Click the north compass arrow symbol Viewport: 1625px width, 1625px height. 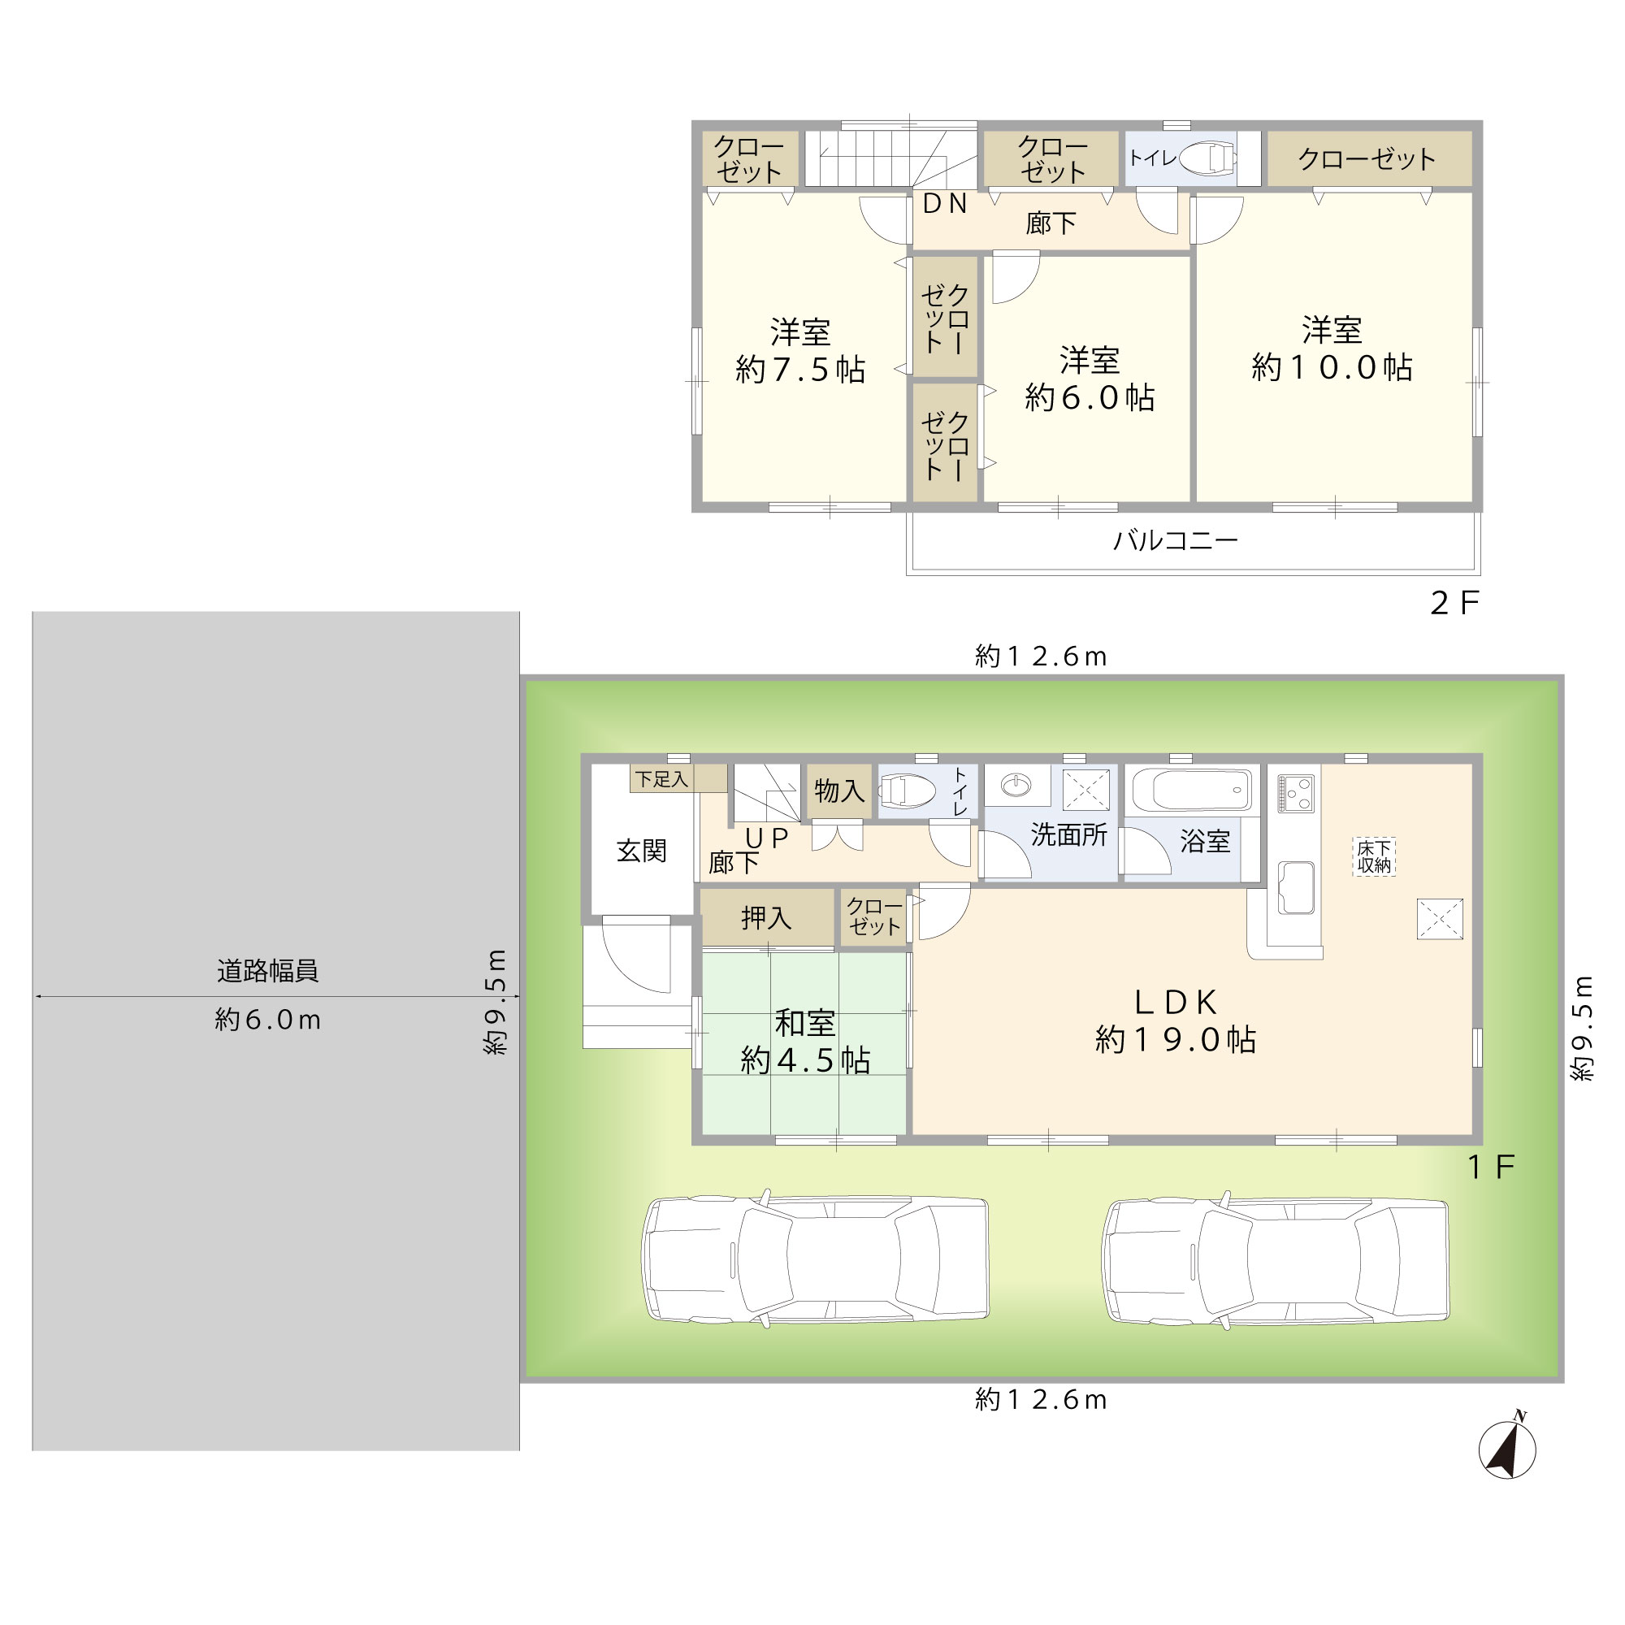(1507, 1449)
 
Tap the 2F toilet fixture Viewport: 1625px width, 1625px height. (1207, 158)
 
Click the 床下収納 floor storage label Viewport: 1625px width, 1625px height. (1375, 856)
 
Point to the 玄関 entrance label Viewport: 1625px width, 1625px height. (642, 851)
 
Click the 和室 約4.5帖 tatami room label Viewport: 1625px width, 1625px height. (805, 1042)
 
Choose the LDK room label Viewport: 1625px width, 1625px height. (1176, 1020)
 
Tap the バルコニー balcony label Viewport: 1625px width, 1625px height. (1176, 540)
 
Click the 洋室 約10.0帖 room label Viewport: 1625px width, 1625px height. (1332, 349)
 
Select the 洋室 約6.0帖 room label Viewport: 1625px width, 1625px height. (1090, 379)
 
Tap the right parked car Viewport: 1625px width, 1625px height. (1275, 1259)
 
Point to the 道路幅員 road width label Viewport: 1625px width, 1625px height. (267, 972)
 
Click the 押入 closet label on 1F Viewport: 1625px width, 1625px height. (766, 916)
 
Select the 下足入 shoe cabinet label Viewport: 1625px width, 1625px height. (662, 779)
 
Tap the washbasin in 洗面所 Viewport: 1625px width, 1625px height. (1016, 786)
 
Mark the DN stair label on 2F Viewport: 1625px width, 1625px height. (945, 204)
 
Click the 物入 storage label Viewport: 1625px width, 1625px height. (839, 791)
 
